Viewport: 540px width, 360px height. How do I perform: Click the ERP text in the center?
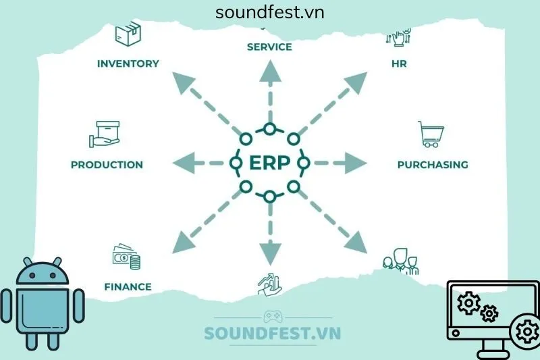[269, 163]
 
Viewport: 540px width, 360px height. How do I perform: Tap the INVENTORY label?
[128, 64]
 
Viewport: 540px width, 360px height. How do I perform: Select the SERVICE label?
[269, 47]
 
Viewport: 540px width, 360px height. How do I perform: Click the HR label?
[398, 64]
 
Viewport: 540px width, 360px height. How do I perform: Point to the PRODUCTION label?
[107, 165]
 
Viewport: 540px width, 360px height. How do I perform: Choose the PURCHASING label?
[433, 165]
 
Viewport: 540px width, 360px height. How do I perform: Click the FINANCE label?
[128, 286]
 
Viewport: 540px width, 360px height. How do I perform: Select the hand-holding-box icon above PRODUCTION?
[105, 134]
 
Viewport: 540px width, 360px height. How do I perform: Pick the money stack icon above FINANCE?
[125, 257]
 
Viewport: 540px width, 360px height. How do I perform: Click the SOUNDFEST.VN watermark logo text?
[273, 334]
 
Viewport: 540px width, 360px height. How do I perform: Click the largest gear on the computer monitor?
[525, 332]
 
